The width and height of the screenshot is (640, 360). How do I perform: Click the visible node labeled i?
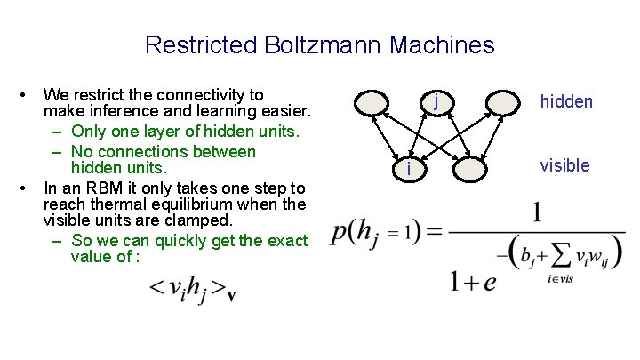pos(406,167)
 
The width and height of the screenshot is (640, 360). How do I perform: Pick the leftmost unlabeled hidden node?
pos(372,104)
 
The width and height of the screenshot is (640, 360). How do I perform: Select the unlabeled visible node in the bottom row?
pos(470,167)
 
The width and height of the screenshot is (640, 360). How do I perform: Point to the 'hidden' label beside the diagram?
pos(566,102)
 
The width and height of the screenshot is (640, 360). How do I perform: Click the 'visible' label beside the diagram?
pos(564,165)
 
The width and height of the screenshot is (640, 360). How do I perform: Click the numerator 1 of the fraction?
pos(538,213)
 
